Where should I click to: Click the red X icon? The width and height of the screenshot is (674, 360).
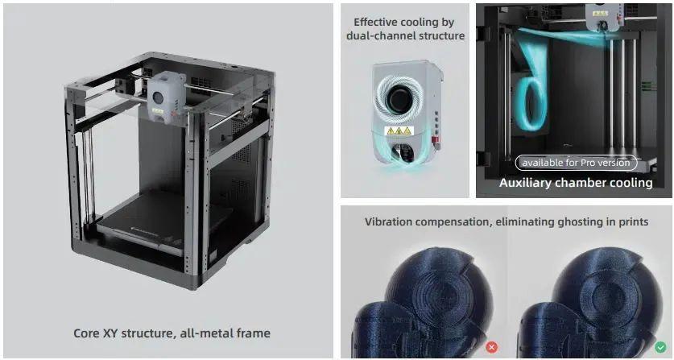point(492,347)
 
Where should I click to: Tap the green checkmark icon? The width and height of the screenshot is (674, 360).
point(660,346)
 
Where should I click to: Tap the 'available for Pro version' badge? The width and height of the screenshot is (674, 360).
point(576,163)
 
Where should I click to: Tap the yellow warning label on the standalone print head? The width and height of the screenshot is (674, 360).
point(399,130)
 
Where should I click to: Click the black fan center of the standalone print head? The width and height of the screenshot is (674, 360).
point(399,98)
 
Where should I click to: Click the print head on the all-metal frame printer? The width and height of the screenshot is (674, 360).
point(167,97)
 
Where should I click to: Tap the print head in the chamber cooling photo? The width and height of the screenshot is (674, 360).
point(605,16)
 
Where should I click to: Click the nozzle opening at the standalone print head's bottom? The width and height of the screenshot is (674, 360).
point(403,155)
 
